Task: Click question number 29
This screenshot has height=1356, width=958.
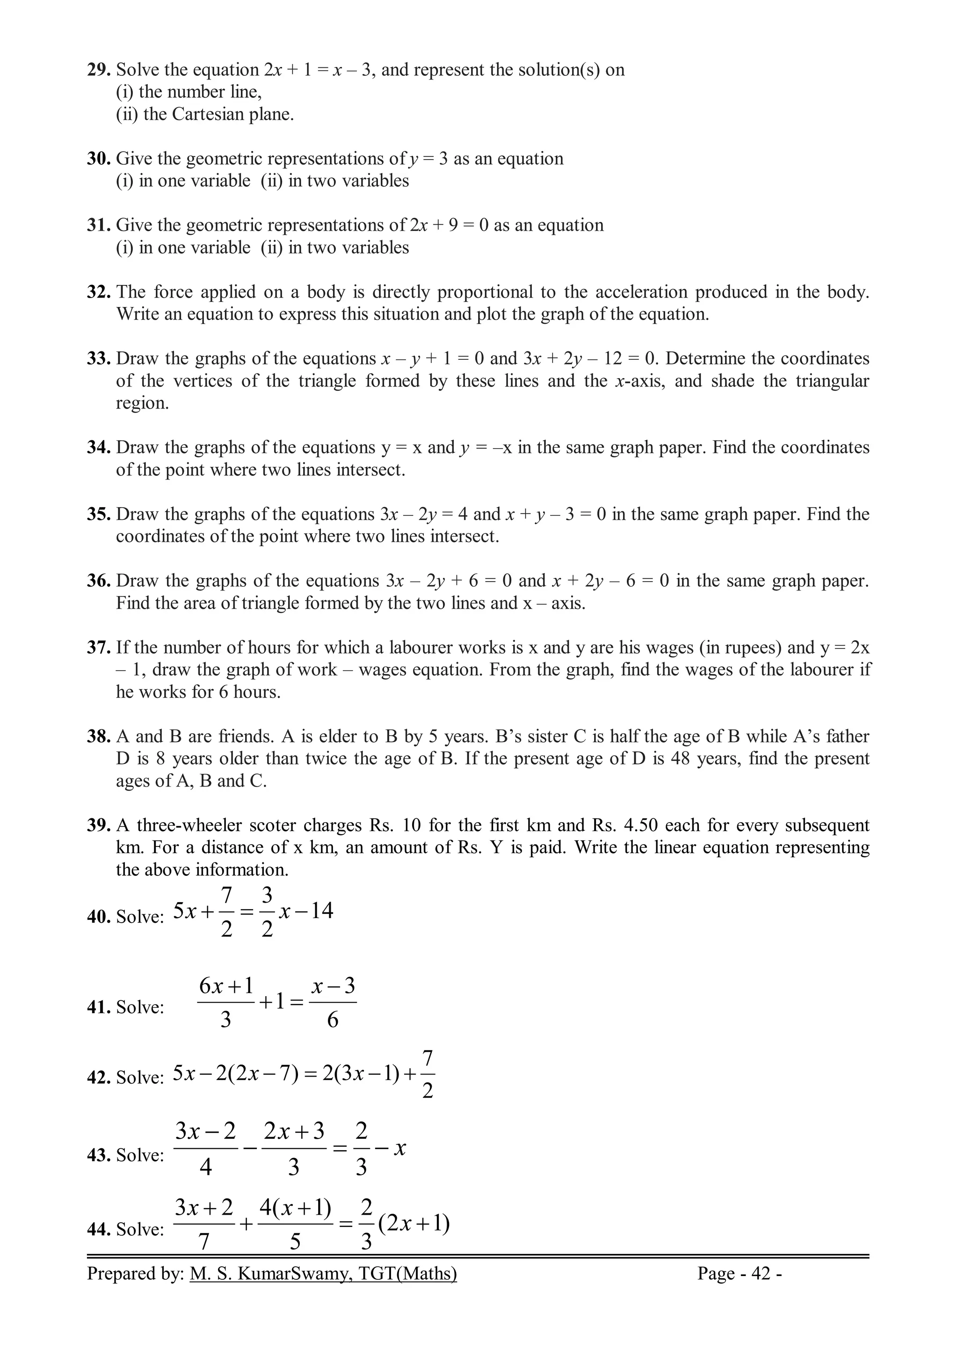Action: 99,70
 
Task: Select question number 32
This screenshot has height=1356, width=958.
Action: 99,292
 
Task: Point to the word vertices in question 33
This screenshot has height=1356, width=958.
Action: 198,381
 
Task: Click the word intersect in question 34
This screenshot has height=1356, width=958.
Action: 370,470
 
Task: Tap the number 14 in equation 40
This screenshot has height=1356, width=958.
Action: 322,911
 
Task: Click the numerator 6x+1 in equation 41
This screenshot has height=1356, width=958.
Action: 226,985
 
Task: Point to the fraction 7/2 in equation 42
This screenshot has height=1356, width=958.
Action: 428,1074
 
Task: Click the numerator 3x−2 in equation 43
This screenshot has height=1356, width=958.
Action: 205,1131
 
